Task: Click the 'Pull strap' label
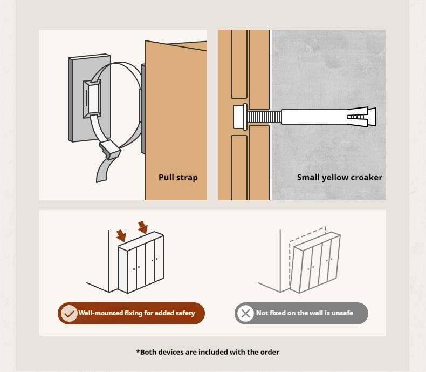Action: click(x=178, y=178)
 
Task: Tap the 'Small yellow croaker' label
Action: click(x=339, y=178)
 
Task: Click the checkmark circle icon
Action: click(x=69, y=313)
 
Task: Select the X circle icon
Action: click(x=245, y=313)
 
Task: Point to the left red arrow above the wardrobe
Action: click(x=121, y=235)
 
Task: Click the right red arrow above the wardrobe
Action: click(x=143, y=227)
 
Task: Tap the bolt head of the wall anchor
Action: click(x=240, y=117)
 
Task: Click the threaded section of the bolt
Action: click(x=264, y=117)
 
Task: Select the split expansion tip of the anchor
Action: click(x=361, y=117)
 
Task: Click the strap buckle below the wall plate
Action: click(x=110, y=149)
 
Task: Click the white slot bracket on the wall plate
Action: click(x=93, y=99)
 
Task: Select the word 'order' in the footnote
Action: click(x=270, y=352)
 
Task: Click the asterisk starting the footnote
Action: click(x=138, y=351)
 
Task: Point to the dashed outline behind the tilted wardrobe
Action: click(x=307, y=233)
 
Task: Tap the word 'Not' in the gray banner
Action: click(x=262, y=313)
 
